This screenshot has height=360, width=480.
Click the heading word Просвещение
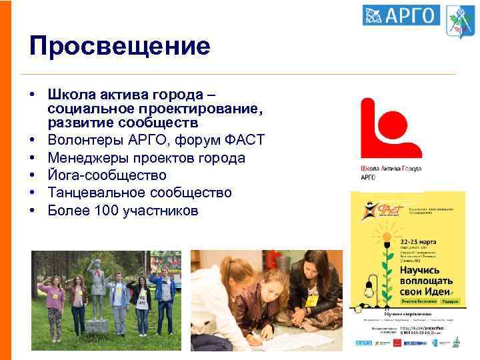(120, 46)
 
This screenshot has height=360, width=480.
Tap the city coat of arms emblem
(459, 21)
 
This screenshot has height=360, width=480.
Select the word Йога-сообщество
(107, 175)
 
